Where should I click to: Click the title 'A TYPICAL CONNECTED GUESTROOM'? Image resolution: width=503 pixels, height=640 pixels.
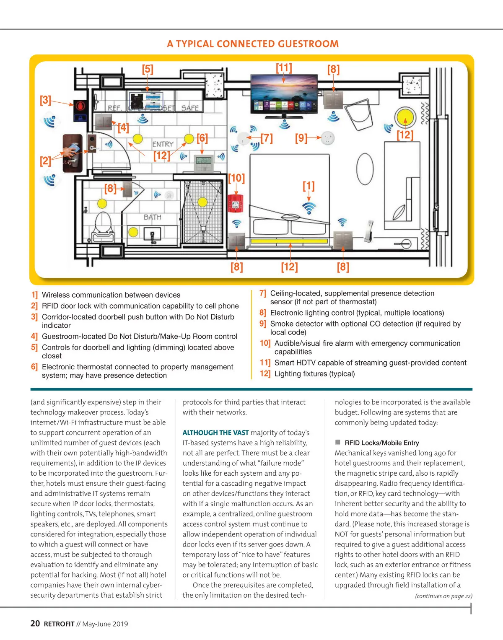253,44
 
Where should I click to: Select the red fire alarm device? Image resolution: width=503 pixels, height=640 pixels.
235,204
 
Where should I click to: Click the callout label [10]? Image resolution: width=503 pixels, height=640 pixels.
236,178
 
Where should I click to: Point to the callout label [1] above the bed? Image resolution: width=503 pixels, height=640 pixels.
309,186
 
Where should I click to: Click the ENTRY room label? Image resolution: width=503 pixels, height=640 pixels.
163,144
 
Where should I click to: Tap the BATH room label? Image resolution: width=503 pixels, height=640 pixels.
152,217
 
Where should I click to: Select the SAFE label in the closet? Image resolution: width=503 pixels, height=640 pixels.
190,108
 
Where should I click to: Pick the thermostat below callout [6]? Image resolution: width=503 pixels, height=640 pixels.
204,163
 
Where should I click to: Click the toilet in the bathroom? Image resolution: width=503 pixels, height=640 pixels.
103,226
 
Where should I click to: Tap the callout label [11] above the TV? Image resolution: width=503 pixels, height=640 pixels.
284,68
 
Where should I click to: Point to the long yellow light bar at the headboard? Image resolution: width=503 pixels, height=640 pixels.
289,241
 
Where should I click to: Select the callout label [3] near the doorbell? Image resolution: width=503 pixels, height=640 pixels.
45,100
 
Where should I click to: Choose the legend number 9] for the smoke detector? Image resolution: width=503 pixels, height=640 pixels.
263,324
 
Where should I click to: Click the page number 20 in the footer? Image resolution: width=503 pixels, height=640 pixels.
35,624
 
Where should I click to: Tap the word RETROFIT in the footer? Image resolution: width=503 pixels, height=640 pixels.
59,624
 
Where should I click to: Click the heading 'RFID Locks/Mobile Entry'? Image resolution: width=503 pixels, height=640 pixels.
381,443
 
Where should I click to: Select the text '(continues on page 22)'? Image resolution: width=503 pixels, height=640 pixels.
443,596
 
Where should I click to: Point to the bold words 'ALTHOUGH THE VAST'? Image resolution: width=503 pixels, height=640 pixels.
215,433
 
